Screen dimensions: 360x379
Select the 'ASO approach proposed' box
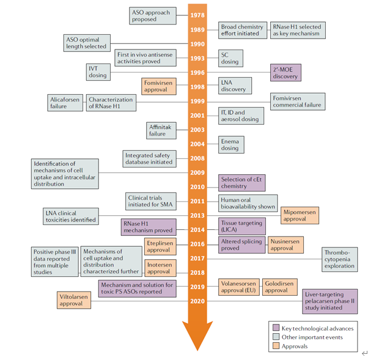[x=150, y=15]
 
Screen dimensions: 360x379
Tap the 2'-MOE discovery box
[x=286, y=73]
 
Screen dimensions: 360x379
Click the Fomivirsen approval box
[x=159, y=86]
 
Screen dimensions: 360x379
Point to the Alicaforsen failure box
[x=65, y=103]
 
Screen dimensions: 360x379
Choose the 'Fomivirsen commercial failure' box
[x=297, y=101]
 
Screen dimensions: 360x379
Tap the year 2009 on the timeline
[x=198, y=172]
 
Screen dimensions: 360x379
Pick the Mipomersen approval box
[x=300, y=215]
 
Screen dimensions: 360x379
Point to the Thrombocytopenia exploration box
[x=340, y=259]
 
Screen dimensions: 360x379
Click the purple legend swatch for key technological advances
[x=276, y=328]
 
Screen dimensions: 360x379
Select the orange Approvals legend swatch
[x=276, y=346]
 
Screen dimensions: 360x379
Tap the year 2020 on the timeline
[x=198, y=301]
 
